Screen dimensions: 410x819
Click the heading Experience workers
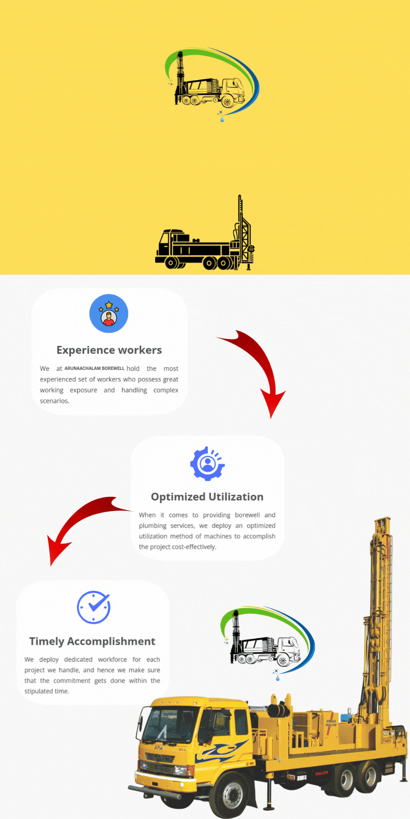pos(109,350)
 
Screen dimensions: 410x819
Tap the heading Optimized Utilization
pos(207,497)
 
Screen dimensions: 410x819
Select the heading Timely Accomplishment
pos(92,641)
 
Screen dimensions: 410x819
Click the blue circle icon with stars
pos(109,313)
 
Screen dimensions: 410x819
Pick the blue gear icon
pos(207,464)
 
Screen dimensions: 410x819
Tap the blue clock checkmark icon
pos(93,607)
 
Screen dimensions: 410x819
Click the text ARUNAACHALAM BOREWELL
pos(94,368)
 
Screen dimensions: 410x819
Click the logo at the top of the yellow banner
pos(212,83)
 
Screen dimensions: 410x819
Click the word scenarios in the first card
pos(54,401)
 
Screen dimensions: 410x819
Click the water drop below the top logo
pos(222,119)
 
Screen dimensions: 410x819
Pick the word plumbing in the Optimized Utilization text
pos(152,526)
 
